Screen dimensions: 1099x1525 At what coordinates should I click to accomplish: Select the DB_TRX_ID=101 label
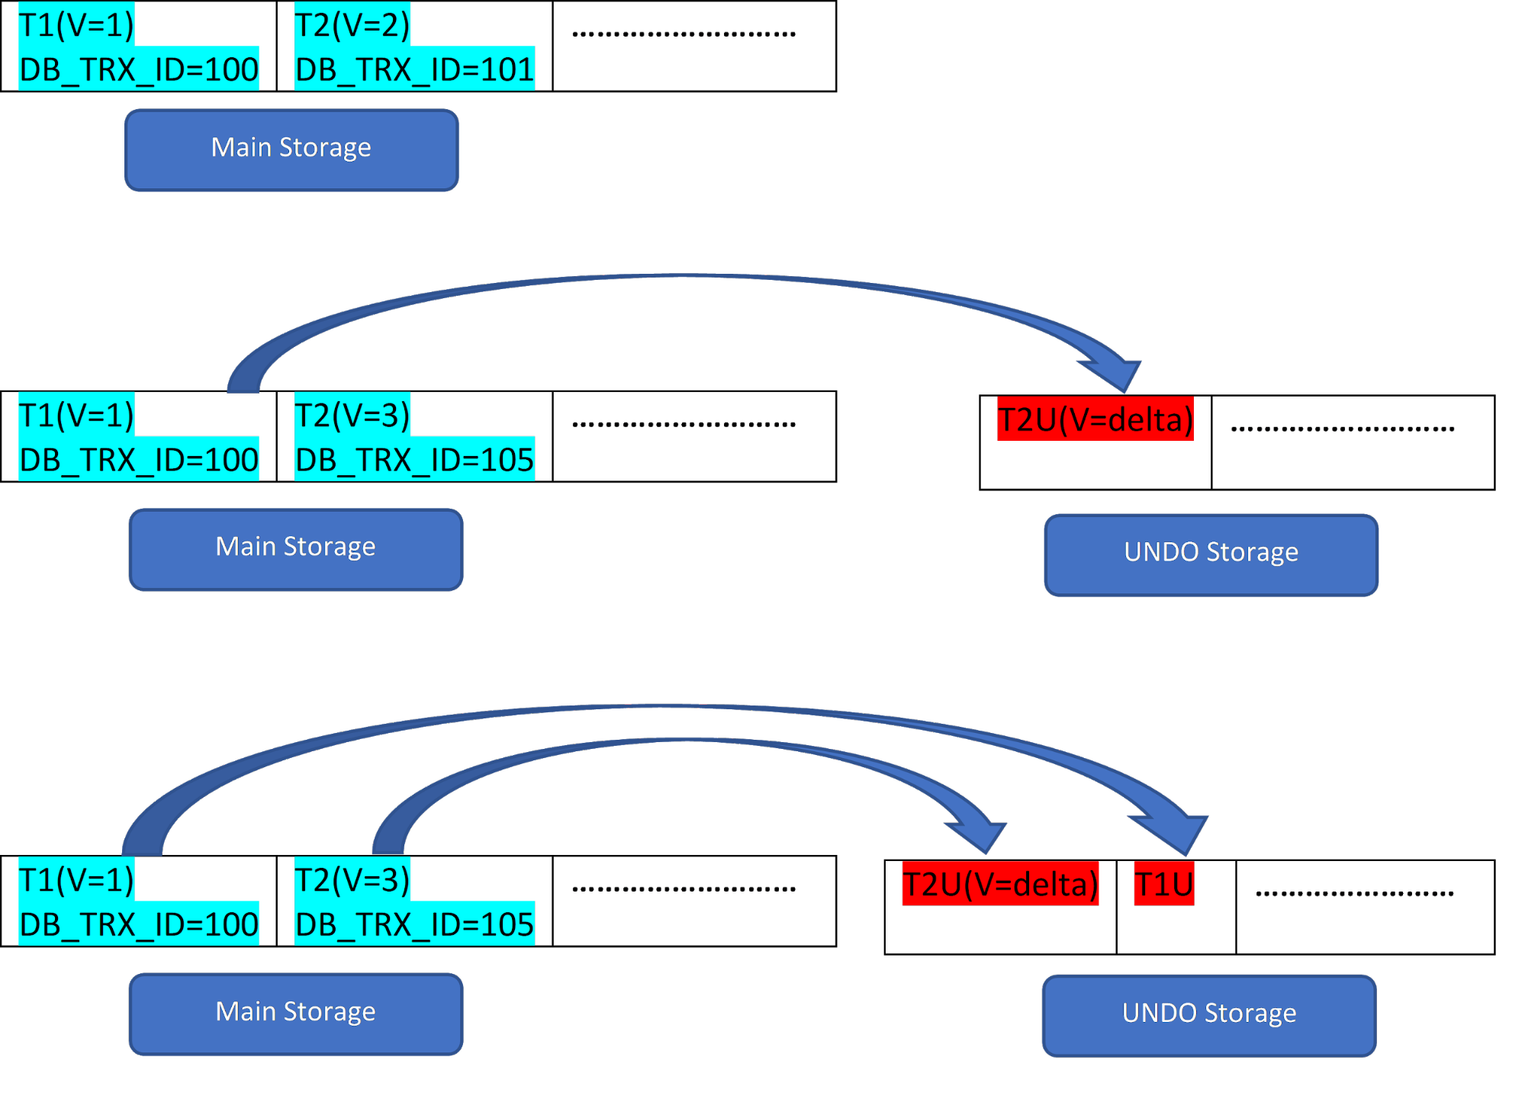[414, 69]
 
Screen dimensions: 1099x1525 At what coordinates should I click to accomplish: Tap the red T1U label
[1163, 883]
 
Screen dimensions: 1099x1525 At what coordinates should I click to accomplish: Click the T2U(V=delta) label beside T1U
[1000, 883]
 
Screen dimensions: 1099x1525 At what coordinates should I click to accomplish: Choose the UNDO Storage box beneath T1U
[1209, 1015]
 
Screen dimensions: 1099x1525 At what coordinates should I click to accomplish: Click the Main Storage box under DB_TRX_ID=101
[291, 149]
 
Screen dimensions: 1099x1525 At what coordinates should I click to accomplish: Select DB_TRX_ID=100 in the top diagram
[139, 69]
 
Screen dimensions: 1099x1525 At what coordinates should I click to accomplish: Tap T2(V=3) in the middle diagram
[352, 414]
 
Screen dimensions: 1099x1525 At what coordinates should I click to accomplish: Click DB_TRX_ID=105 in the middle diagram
[414, 459]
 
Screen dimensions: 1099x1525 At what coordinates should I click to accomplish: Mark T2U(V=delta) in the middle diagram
[1095, 419]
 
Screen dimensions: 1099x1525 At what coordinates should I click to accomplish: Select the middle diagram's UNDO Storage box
[1211, 554]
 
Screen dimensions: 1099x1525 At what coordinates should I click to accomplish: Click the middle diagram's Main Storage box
[296, 549]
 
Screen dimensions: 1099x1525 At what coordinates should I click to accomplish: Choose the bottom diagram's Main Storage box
[296, 1014]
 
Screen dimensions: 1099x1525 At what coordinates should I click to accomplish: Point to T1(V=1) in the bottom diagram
[76, 879]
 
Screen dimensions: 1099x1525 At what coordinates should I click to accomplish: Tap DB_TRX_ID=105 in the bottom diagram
[414, 924]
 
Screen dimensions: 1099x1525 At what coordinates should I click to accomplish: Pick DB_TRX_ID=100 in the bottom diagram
[139, 924]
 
